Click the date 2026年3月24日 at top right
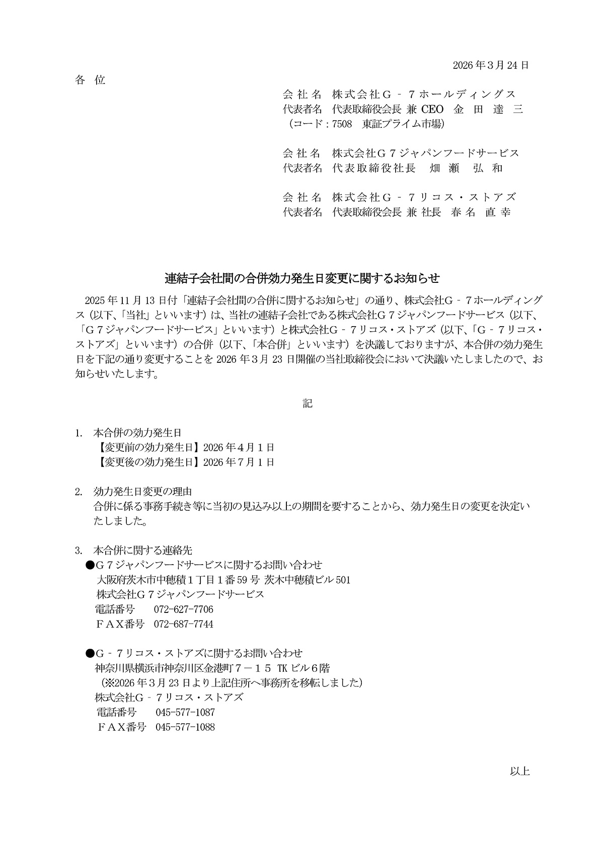(490, 65)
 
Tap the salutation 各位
(90, 80)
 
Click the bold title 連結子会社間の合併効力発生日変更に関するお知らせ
(303, 278)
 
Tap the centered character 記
(308, 403)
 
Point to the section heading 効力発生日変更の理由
(142, 491)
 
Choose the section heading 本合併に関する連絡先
(142, 550)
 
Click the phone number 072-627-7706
(183, 609)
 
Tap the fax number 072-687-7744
(183, 625)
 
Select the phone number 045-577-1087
(185, 713)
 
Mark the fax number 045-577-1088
(185, 727)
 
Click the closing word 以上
(519, 771)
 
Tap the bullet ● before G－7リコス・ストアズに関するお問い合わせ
(90, 654)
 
